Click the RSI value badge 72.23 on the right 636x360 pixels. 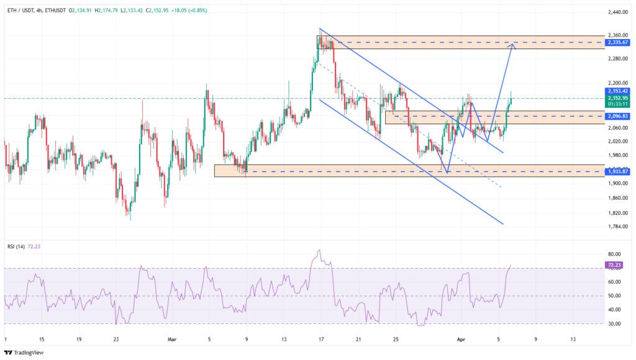[x=612, y=265]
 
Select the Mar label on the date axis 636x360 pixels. [x=172, y=340]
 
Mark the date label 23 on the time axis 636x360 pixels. [x=116, y=340]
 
